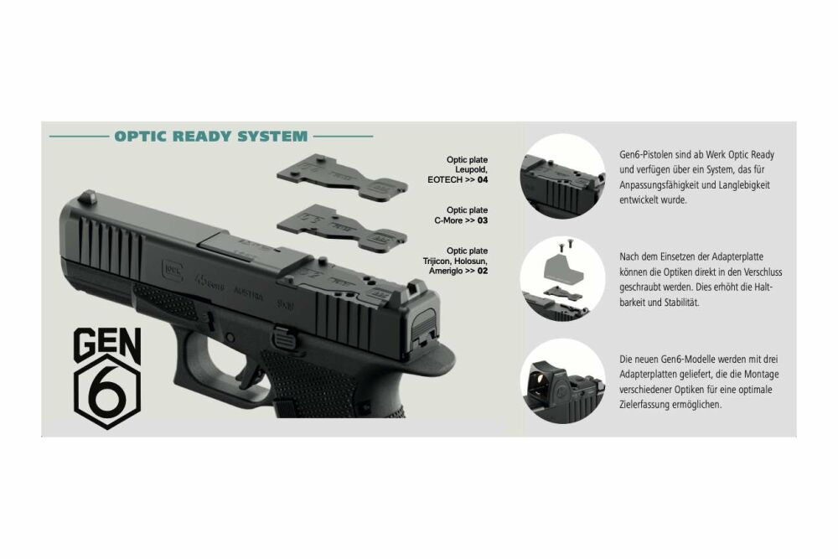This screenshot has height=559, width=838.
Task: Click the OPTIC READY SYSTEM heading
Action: tap(211, 137)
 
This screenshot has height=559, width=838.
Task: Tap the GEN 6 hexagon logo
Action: tap(107, 377)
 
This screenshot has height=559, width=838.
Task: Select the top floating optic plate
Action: tap(342, 178)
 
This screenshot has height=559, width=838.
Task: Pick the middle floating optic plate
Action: tap(342, 227)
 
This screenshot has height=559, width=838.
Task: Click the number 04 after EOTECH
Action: tap(483, 180)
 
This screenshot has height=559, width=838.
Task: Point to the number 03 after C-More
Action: tap(483, 220)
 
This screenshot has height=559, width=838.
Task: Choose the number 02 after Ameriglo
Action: tap(483, 271)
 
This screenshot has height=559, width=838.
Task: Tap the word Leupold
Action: tap(471, 170)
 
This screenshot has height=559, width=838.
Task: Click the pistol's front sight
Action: tap(90, 197)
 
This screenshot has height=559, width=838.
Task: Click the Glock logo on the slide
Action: tap(172, 270)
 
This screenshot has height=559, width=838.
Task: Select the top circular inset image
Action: tap(562, 176)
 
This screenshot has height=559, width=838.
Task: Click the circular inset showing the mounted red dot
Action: tap(562, 380)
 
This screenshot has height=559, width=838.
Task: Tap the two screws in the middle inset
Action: tap(564, 246)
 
